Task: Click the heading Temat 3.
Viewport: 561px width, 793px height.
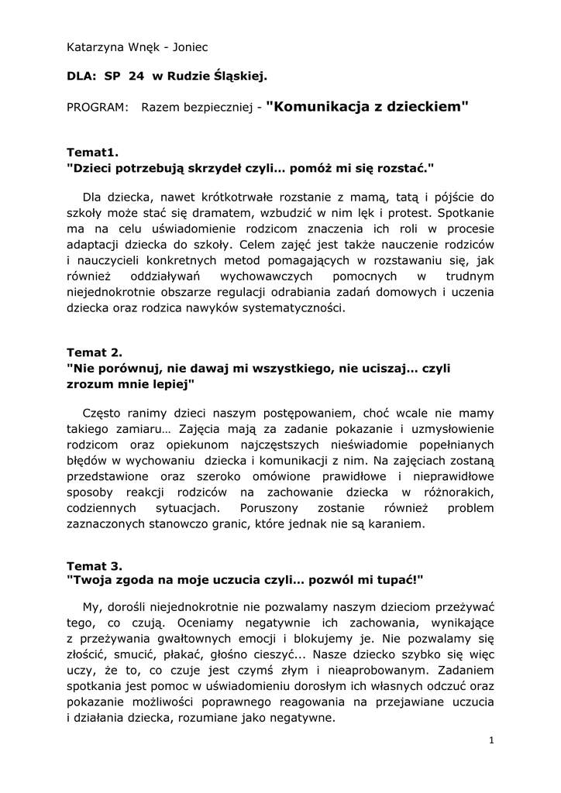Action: tap(95, 566)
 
